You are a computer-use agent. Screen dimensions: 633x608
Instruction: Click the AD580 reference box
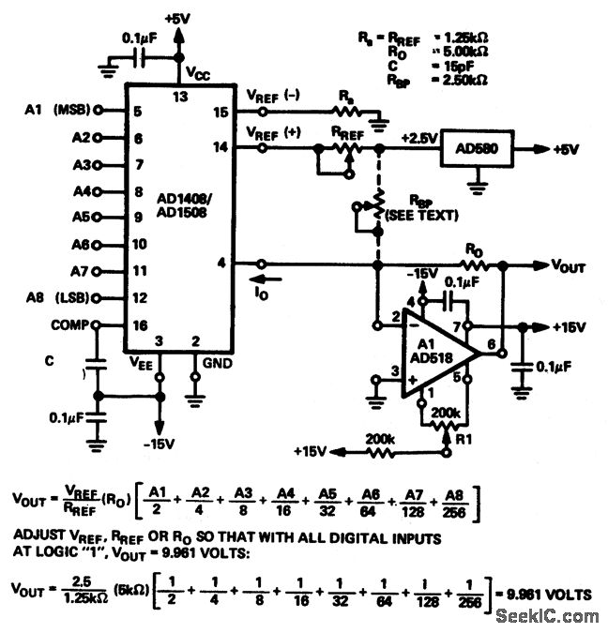[x=479, y=149]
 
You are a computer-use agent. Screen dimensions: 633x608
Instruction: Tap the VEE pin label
[x=144, y=360]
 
